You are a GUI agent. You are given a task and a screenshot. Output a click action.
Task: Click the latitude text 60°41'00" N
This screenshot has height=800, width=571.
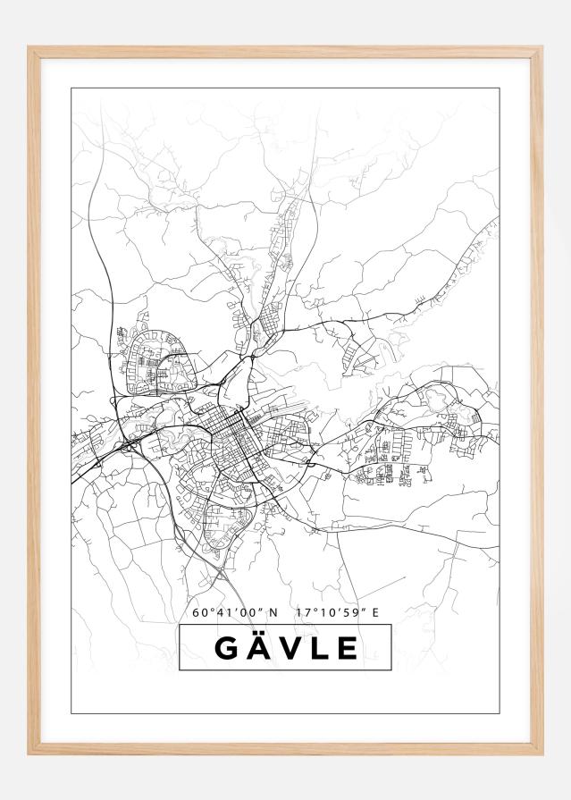(x=235, y=612)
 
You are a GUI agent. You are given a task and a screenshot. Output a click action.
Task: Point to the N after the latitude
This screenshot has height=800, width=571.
(x=273, y=612)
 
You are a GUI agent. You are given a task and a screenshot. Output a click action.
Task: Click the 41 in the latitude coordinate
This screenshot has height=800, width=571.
(x=221, y=612)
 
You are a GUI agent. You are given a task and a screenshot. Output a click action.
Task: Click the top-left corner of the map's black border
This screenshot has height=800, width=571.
(x=71, y=88)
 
